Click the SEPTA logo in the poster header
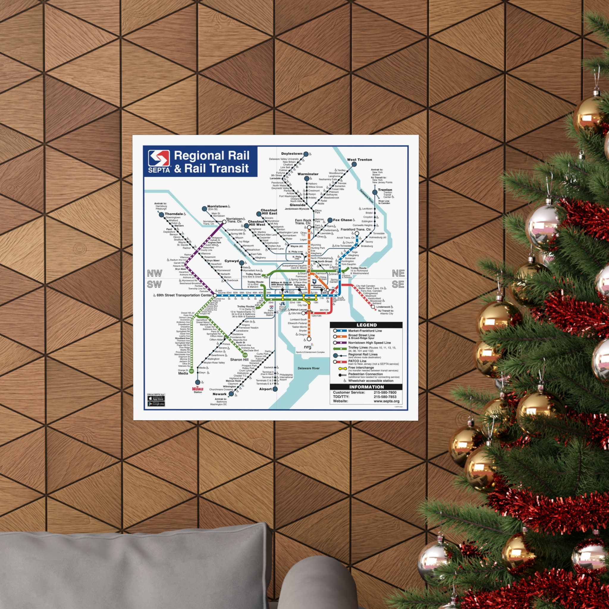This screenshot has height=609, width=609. pos(159,161)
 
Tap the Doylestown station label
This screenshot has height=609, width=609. pos(292,154)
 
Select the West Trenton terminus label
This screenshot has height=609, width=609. pos(359,160)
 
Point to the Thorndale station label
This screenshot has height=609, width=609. pos(174,214)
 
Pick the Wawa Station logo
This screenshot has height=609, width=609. pos(198,389)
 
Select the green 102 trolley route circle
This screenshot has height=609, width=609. pos(245,355)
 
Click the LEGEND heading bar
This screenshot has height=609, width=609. pos(366,325)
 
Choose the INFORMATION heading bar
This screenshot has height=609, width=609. pos(366,387)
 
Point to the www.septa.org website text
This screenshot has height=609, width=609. pos(387,401)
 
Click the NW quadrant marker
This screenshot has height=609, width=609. pos(154,273)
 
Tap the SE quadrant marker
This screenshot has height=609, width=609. pos(398,284)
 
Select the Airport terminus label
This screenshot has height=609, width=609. pos(266,389)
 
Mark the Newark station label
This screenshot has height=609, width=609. pos(219,394)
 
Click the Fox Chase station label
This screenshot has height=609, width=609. pos(342,220)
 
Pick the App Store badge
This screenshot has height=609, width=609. pos(156,398)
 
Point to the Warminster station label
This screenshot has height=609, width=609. pos(308,174)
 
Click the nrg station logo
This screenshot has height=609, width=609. pos(308,347)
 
